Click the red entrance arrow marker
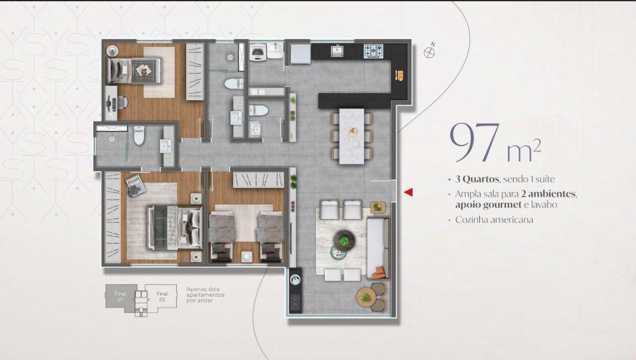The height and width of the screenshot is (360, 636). click(408, 192)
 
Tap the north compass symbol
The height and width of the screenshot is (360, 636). click(429, 51)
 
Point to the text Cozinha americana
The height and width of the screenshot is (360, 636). click(494, 220)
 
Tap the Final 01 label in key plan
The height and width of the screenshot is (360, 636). click(120, 296)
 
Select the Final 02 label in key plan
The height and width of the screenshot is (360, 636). click(162, 296)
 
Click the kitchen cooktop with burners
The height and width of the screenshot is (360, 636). click(373, 50)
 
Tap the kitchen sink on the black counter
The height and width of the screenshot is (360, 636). click(337, 50)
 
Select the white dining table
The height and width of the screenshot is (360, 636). click(351, 136)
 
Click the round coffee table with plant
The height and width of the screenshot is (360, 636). click(344, 240)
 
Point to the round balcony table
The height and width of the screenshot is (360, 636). click(367, 297)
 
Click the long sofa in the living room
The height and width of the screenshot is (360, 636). click(378, 248)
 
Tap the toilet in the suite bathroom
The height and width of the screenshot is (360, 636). click(139, 135)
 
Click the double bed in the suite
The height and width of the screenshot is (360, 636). click(175, 227)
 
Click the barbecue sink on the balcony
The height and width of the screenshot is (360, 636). click(295, 280)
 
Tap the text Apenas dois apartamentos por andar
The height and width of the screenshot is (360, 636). click(205, 295)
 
